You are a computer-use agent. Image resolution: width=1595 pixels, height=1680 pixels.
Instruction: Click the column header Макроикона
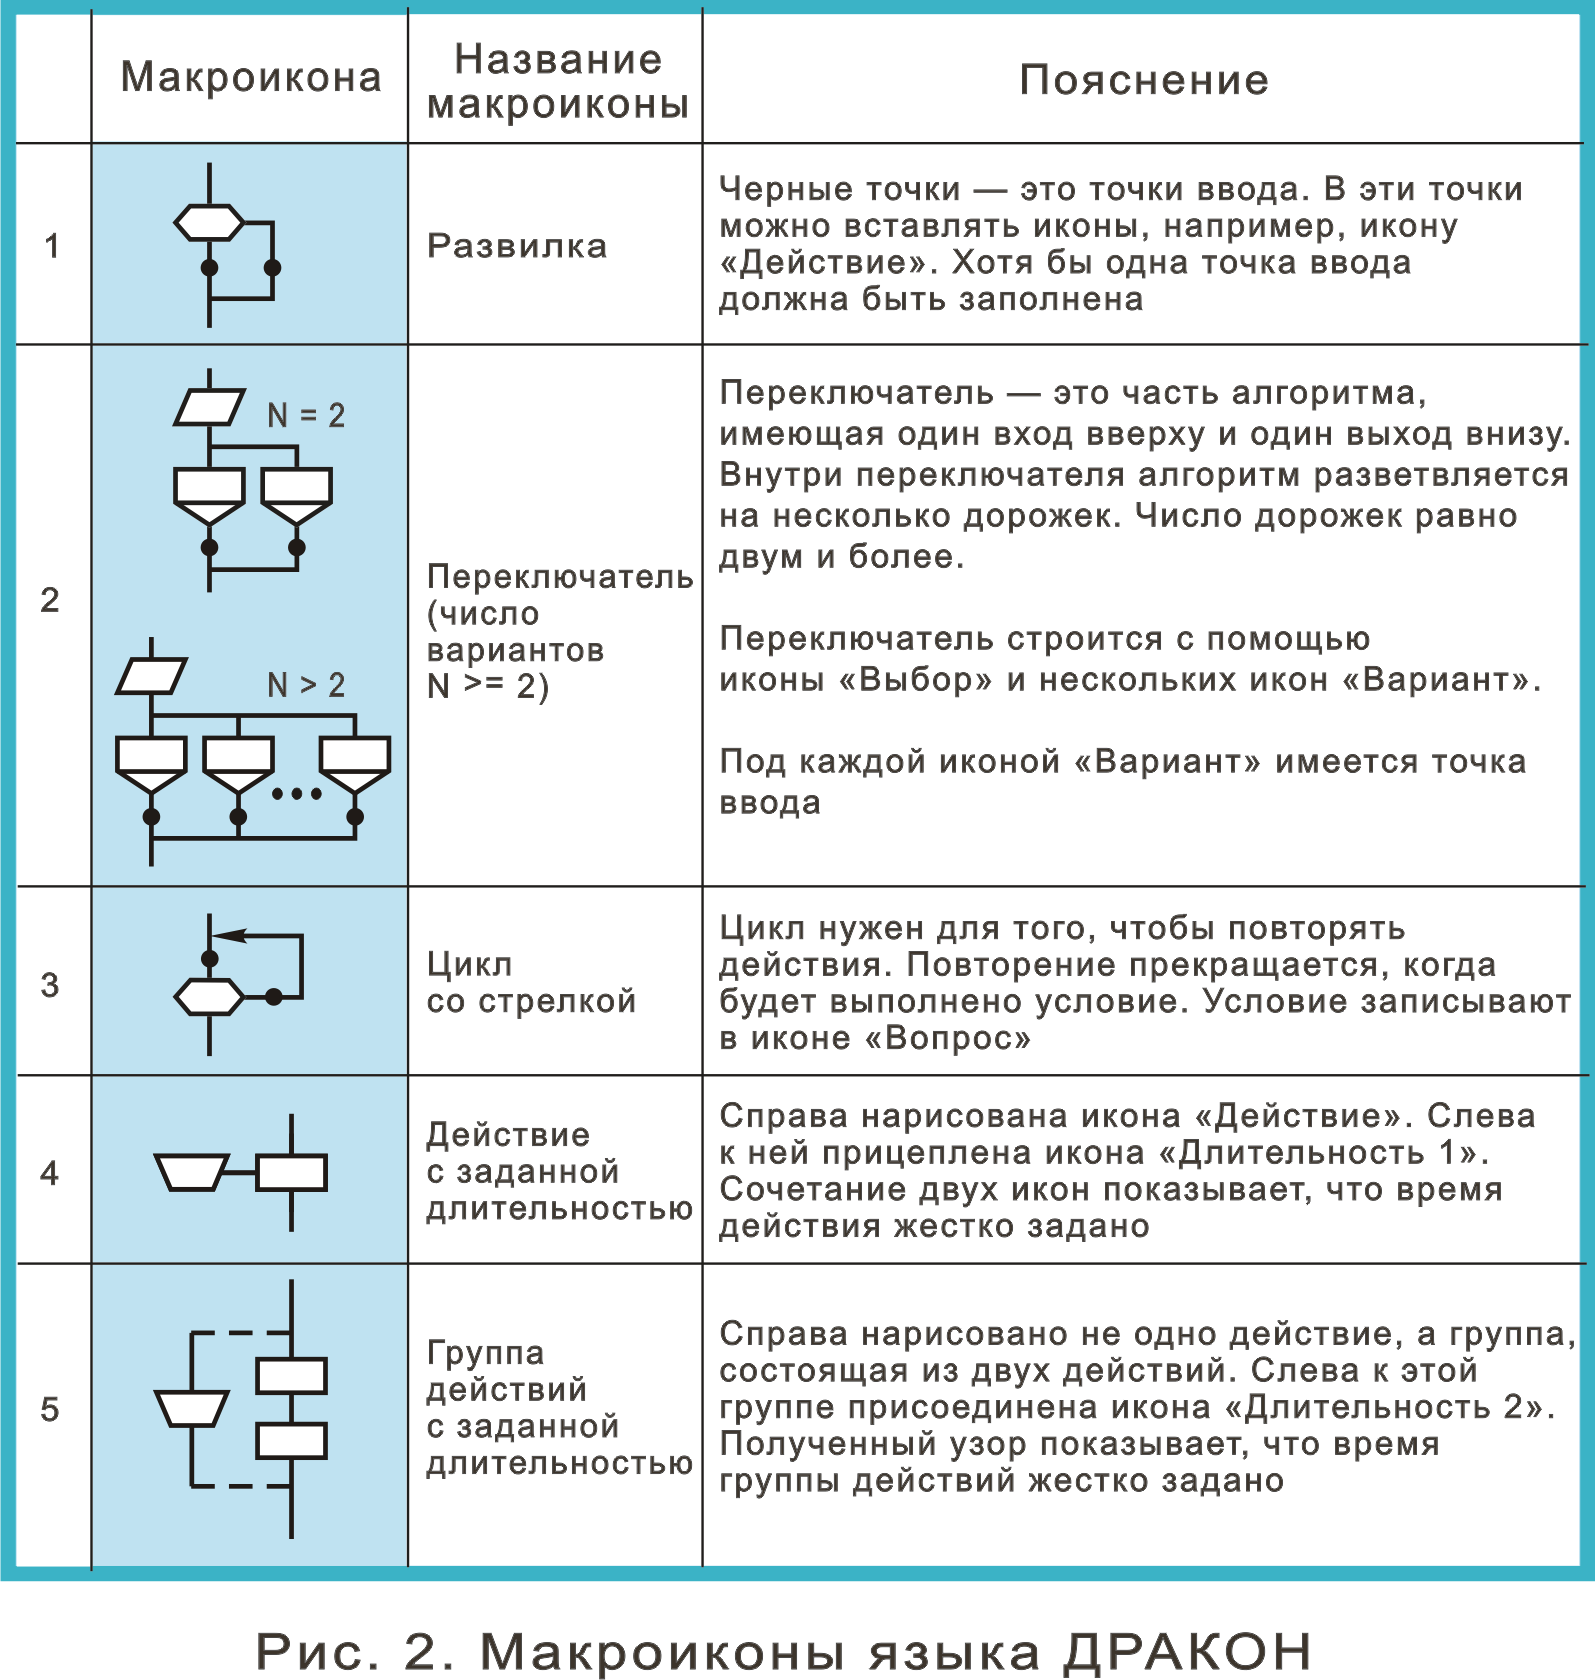(x=251, y=77)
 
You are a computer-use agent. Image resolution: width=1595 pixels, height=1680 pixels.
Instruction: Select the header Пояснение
(x=1144, y=80)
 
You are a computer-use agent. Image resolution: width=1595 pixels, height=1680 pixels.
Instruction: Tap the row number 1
(x=52, y=245)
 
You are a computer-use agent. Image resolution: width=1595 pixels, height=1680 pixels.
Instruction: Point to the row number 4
(x=50, y=1172)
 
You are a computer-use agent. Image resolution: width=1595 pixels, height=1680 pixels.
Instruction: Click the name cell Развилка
(x=517, y=246)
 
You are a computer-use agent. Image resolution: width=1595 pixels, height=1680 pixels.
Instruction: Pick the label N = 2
(x=306, y=415)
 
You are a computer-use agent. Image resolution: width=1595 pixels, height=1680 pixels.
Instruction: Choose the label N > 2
(x=306, y=685)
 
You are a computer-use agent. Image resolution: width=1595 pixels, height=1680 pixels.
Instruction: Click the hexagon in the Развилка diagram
(x=209, y=222)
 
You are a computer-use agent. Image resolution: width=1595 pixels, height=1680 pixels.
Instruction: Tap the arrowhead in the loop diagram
(x=229, y=936)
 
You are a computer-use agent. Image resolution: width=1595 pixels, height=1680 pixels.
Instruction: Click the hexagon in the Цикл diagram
(x=209, y=996)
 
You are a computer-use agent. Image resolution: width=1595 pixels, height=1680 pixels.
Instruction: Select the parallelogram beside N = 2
(x=209, y=407)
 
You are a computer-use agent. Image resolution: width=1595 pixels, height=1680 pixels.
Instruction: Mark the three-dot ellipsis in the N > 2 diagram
(x=297, y=794)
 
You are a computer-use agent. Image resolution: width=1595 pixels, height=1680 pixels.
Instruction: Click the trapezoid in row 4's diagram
(x=191, y=1172)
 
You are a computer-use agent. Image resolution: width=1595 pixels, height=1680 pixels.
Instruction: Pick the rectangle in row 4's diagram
(x=291, y=1172)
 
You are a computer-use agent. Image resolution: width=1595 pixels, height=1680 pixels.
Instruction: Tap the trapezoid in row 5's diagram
(x=191, y=1408)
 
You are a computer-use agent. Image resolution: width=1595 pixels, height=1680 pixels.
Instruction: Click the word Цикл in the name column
(x=469, y=965)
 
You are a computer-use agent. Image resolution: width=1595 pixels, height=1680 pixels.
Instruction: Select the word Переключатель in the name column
(x=560, y=577)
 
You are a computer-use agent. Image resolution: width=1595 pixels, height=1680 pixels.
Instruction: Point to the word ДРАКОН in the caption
(x=1187, y=1652)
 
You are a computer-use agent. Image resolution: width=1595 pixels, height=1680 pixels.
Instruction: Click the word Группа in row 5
(x=486, y=1353)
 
